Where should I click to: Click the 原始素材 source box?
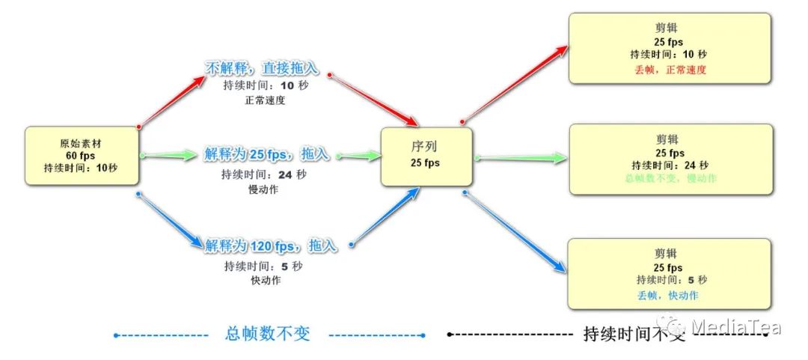pos(82,156)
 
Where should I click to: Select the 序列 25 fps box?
pos(426,156)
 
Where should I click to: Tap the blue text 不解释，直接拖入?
pos(262,69)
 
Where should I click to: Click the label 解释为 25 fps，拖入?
pos(266,155)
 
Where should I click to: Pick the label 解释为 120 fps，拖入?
pos(271,245)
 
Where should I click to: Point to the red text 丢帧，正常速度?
pos(670,69)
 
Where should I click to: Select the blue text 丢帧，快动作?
pos(668,295)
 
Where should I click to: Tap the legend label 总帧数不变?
pos(267,335)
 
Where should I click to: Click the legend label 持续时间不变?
pos(634,335)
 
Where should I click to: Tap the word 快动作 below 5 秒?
pos(265,280)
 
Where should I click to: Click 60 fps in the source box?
pos(80,156)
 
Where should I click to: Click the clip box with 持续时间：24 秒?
pos(670,159)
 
